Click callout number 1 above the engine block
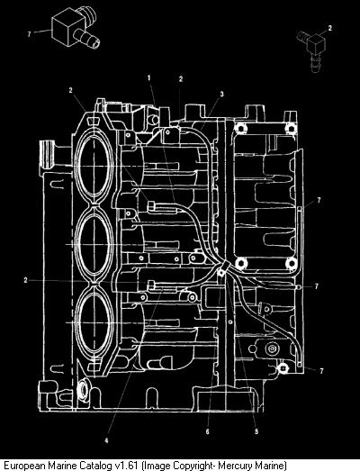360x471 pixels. (148, 78)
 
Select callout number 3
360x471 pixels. (222, 95)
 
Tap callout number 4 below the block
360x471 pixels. (106, 441)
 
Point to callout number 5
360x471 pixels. (256, 431)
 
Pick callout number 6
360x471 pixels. (208, 431)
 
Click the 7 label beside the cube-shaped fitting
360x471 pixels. (29, 34)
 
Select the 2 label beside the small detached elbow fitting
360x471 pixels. (330, 28)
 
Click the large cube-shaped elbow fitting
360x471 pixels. (74, 27)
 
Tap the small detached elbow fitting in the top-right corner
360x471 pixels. (311, 50)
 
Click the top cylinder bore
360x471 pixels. (94, 166)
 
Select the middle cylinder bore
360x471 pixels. (94, 245)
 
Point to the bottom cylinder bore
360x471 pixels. (94, 322)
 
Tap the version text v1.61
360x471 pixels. (127, 466)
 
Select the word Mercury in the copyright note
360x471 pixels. (235, 466)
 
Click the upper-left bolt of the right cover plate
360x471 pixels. (240, 129)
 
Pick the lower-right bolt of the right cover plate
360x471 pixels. (291, 263)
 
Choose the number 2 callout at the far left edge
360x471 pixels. (25, 280)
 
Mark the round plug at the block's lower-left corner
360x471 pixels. (83, 389)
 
